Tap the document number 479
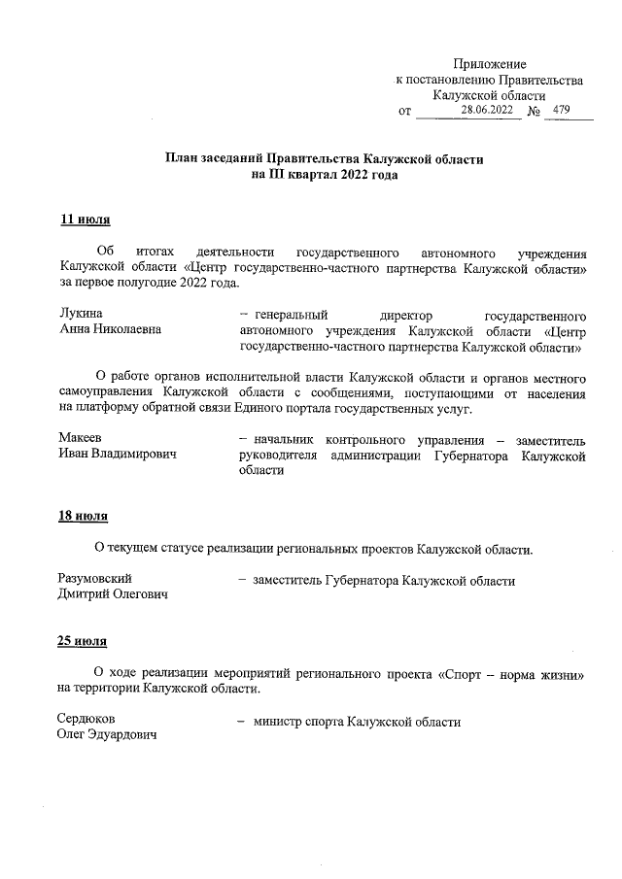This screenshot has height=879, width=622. tap(560, 111)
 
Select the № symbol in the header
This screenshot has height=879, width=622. tap(534, 112)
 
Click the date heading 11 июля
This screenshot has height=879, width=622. tap(85, 220)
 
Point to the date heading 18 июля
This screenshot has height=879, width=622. tap(85, 515)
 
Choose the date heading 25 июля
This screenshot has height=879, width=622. tap(85, 642)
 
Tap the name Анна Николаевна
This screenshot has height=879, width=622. tap(110, 329)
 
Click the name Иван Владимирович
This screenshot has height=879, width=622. tap(123, 455)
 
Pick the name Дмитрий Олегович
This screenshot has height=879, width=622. tap(113, 595)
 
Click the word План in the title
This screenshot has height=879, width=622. tap(181, 158)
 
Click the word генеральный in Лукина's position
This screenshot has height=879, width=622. tap(291, 315)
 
